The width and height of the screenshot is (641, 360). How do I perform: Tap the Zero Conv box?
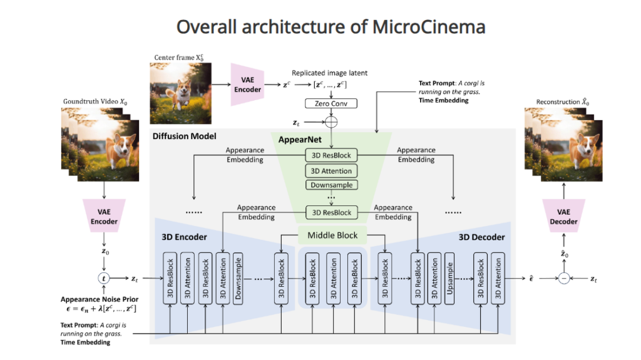[x=331, y=103]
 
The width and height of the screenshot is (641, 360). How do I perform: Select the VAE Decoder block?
[x=563, y=217]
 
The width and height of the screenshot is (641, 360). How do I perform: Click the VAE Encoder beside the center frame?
[x=248, y=84]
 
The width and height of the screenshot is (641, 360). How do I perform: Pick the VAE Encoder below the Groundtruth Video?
[x=104, y=217]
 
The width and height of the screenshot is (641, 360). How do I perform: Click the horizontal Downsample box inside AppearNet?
[x=331, y=185]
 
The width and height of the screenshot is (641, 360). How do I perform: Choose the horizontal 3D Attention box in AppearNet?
[x=331, y=170]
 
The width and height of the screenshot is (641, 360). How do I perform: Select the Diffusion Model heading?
[x=185, y=136]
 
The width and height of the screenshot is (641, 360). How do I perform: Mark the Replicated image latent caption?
[x=329, y=73]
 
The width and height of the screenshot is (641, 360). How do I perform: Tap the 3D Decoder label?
[x=481, y=237]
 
